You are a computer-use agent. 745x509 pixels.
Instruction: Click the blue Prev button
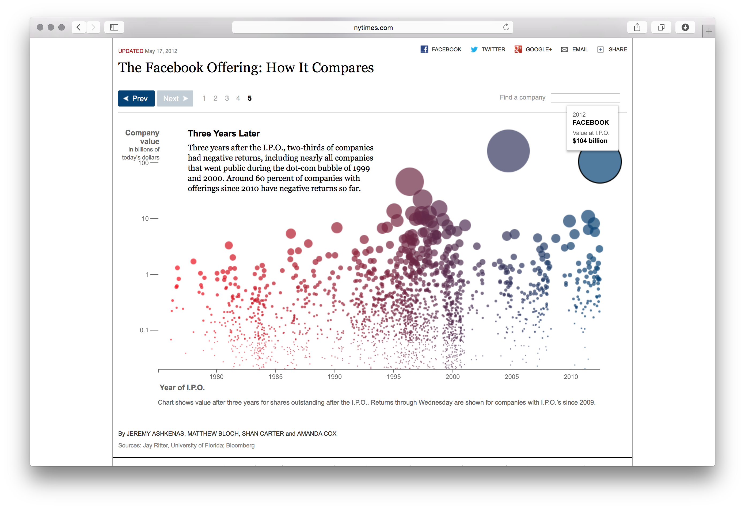136,98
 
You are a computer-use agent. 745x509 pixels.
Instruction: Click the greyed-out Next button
175,98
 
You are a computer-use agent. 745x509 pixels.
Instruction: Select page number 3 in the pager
227,98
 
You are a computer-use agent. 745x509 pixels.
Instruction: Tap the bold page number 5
249,98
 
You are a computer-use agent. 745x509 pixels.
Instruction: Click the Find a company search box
585,98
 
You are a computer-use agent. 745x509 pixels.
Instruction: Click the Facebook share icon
424,49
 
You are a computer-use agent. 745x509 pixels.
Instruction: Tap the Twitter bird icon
474,49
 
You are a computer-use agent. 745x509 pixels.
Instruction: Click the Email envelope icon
564,49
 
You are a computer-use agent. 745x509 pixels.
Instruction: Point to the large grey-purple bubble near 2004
508,151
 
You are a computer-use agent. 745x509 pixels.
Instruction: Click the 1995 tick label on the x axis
393,377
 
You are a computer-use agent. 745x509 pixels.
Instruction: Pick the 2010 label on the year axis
571,377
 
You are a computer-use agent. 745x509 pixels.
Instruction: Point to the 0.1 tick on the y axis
144,330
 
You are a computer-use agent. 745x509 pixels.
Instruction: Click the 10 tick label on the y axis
145,219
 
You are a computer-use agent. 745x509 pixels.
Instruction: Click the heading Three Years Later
223,134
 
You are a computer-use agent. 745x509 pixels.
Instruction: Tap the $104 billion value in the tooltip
590,141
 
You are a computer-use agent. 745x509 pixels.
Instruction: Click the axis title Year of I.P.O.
182,388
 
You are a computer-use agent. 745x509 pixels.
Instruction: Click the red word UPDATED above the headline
131,51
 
